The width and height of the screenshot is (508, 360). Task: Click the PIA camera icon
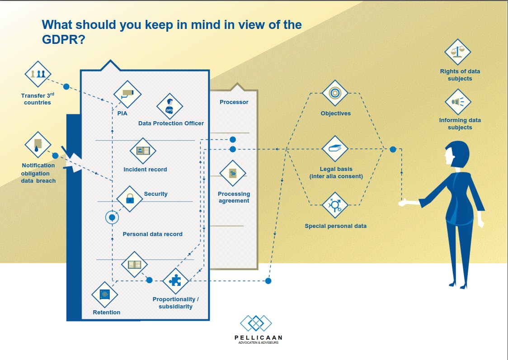[x=127, y=94]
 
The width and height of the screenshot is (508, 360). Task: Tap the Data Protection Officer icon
[x=169, y=106]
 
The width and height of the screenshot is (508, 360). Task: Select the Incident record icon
[x=143, y=151]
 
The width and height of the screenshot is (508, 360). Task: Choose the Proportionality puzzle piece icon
[x=175, y=281]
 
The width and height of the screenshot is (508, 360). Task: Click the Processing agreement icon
[x=233, y=174]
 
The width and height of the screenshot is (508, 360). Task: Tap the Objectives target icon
[x=334, y=93]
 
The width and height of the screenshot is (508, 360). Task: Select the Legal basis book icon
[x=335, y=149]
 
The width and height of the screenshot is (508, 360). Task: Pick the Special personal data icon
[x=335, y=205]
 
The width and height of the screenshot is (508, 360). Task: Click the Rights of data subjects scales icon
[x=458, y=52]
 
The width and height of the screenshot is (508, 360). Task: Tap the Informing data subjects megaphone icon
[x=458, y=102]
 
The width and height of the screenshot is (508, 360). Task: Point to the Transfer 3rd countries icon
[x=38, y=74]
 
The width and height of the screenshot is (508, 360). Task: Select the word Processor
[x=234, y=102]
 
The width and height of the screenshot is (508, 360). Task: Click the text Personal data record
[x=153, y=234]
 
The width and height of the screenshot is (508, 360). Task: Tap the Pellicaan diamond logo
[x=256, y=324]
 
